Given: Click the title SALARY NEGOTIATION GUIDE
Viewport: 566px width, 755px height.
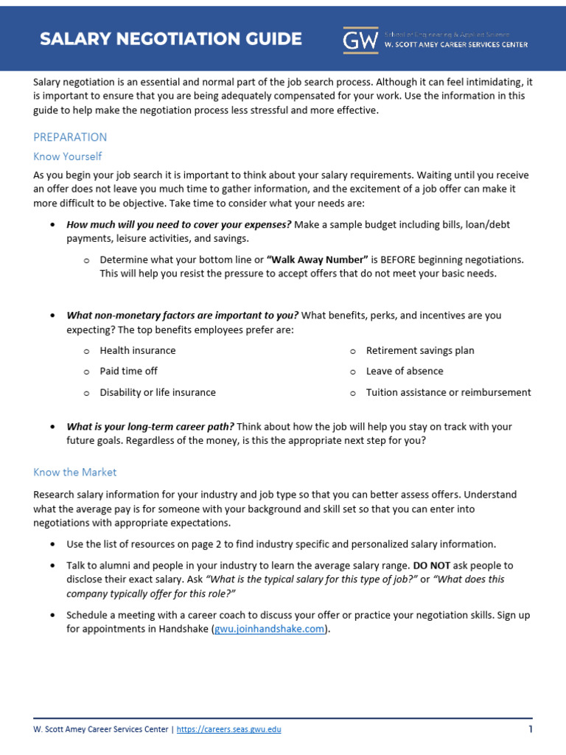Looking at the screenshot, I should pyautogui.click(x=170, y=39).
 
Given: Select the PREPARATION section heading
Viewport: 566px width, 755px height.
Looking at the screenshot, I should pyautogui.click(x=70, y=137).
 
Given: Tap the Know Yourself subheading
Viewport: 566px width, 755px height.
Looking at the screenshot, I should pyautogui.click(x=68, y=156).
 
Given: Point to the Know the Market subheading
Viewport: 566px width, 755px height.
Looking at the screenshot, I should pyautogui.click(x=75, y=472).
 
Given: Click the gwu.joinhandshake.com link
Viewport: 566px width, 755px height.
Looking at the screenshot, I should pyautogui.click(x=269, y=630).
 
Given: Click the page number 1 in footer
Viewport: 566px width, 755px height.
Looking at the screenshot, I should pyautogui.click(x=530, y=729).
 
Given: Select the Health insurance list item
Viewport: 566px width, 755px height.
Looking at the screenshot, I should pyautogui.click(x=138, y=351).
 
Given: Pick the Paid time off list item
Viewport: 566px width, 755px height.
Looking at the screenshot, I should pyautogui.click(x=129, y=372).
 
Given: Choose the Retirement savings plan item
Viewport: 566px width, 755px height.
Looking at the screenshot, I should pyautogui.click(x=420, y=351).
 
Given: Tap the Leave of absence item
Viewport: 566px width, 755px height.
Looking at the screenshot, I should pyautogui.click(x=405, y=372).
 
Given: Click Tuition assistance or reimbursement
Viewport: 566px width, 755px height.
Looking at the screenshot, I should pyautogui.click(x=448, y=392).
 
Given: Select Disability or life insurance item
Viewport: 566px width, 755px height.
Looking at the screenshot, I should pyautogui.click(x=158, y=392).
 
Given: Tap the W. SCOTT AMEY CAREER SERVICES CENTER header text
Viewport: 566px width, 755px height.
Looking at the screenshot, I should pyautogui.click(x=456, y=44).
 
